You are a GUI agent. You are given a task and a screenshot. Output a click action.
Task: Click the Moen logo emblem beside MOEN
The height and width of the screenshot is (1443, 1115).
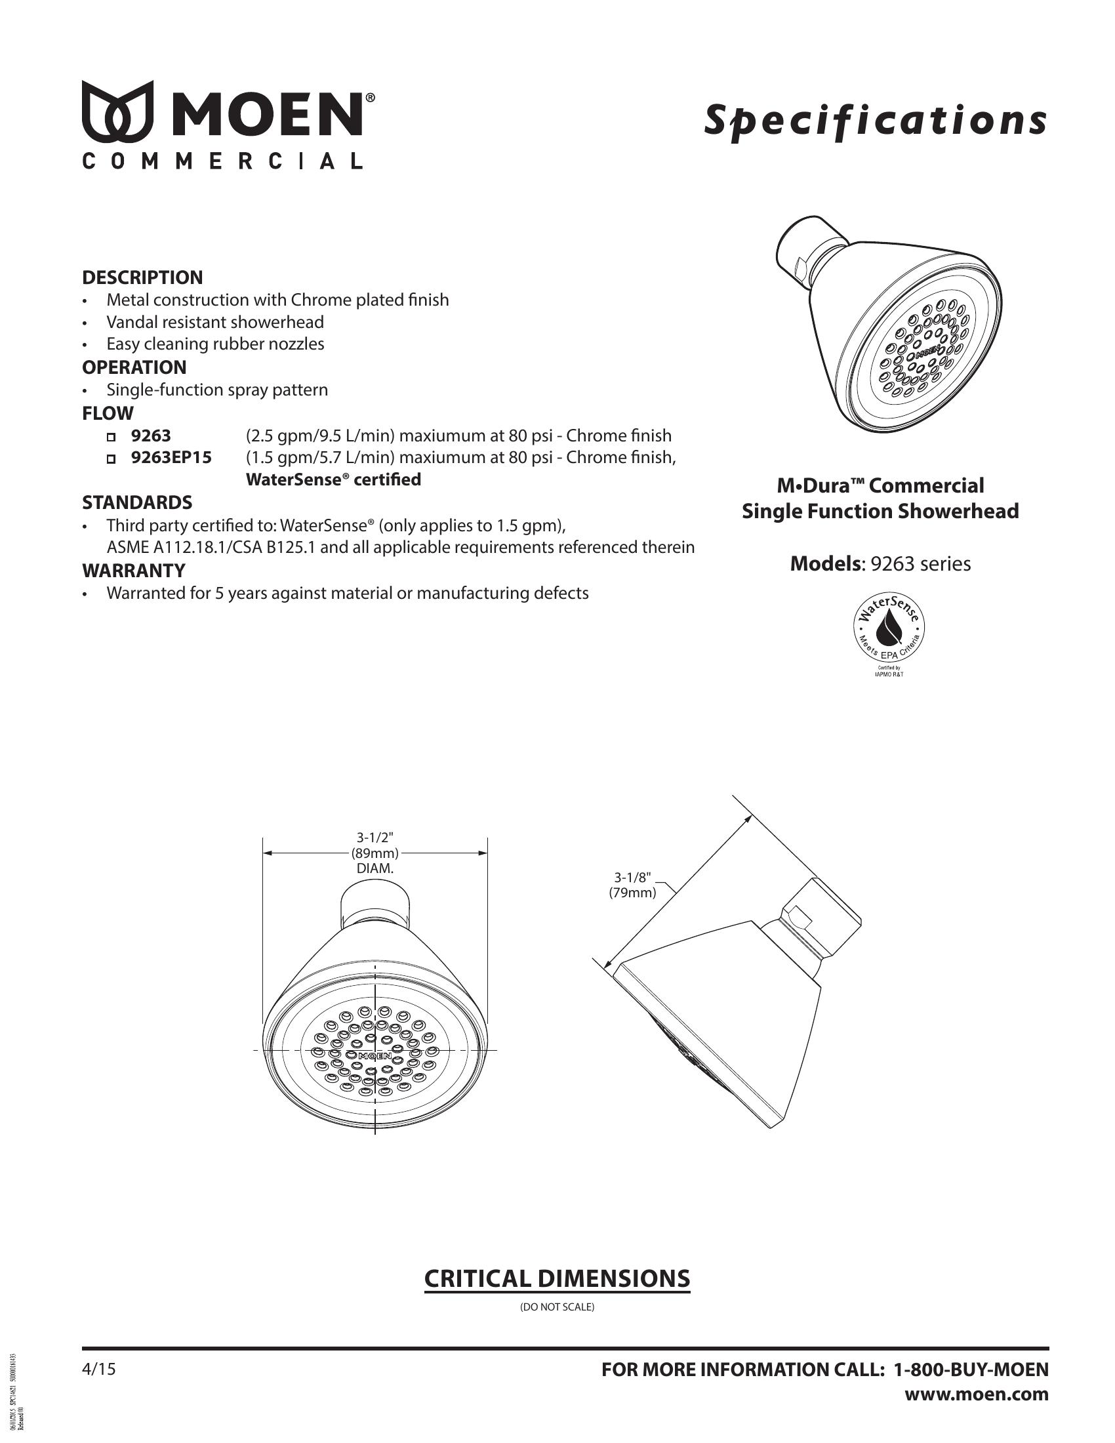coord(117,112)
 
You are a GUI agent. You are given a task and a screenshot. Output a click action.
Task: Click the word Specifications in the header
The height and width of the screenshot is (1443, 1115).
coord(874,121)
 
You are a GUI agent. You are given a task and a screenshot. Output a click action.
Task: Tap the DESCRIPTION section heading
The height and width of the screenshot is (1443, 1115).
coord(142,277)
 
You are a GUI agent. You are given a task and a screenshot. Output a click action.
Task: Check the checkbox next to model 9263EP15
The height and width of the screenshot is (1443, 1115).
coord(111,458)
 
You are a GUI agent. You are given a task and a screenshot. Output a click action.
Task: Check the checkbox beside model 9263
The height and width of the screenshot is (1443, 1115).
coord(111,437)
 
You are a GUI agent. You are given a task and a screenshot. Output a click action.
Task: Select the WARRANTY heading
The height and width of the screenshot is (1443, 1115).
coord(133,570)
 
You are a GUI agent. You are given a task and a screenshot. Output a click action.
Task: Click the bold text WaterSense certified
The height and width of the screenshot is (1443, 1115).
coord(333,479)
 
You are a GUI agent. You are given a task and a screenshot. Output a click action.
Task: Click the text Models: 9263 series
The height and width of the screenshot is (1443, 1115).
coord(880,563)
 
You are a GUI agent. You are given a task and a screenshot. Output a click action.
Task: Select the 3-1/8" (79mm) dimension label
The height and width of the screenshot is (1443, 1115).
coord(632,885)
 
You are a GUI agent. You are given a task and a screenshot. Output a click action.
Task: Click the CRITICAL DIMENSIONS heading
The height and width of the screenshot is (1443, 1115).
coord(557,1278)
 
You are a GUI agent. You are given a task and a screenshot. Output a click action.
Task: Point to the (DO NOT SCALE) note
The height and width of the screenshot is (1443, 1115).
coord(557,1307)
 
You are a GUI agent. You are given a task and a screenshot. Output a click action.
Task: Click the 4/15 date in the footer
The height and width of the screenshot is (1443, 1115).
coord(98,1370)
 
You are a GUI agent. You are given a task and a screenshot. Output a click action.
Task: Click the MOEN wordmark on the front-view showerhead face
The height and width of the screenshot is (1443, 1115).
coord(375,1056)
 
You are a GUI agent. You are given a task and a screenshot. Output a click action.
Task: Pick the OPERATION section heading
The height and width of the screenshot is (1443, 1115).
coord(134,367)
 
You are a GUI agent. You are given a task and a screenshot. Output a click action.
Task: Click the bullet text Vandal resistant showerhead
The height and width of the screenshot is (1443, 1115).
coord(215,323)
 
